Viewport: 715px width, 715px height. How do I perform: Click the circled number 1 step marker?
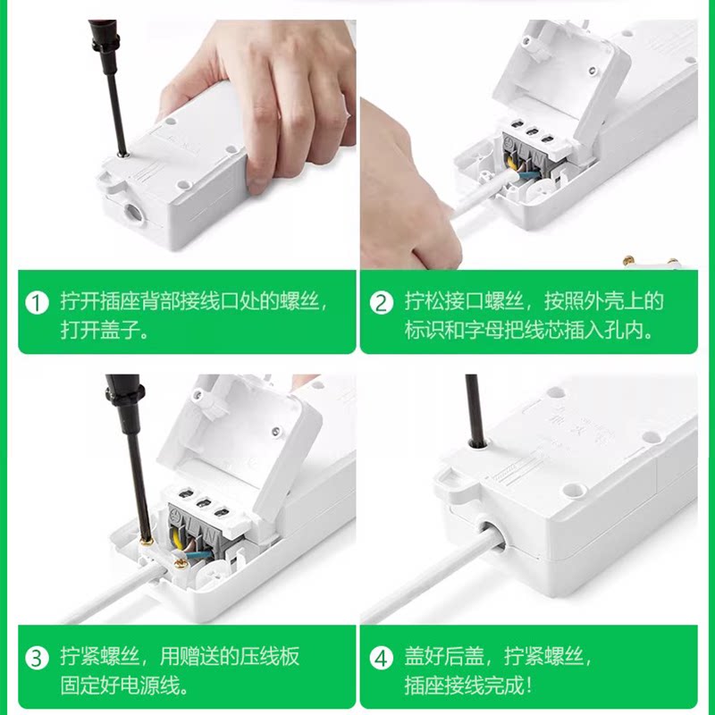coord(37,303)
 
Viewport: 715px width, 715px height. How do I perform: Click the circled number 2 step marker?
coord(382,303)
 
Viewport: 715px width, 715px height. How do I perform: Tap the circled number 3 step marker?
coord(37,659)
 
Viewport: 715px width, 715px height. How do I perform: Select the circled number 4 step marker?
coord(382,659)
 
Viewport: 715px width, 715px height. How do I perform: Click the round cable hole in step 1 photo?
coord(133,213)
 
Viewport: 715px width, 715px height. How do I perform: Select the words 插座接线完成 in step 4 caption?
coord(463,685)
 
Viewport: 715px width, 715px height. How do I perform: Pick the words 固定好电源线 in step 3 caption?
coord(119,685)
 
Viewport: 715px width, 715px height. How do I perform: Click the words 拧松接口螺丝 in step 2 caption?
coord(463,301)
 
